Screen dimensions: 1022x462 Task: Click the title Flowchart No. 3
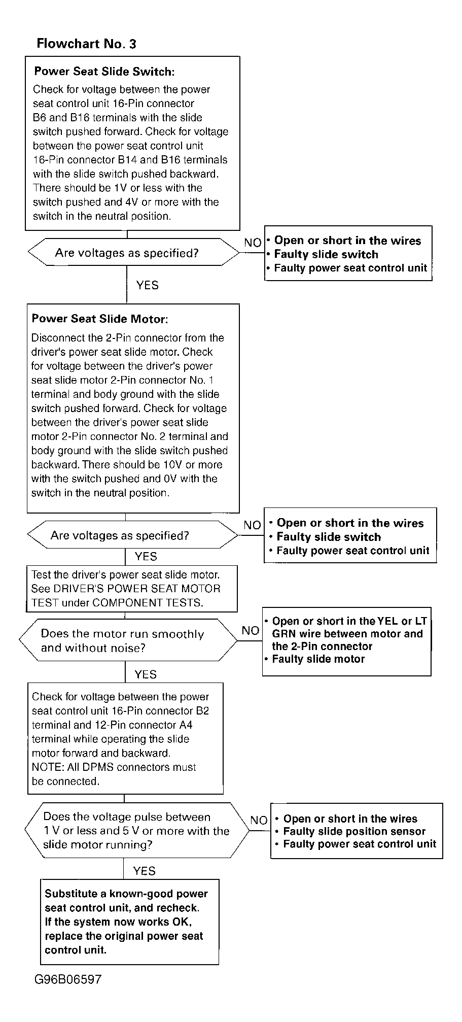point(86,44)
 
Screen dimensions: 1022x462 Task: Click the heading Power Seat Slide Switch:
point(104,72)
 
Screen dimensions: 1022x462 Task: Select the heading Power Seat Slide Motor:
point(99,319)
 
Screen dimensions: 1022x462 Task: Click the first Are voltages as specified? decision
point(127,253)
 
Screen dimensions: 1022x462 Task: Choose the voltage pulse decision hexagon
point(136,831)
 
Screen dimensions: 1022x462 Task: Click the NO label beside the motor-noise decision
point(251,631)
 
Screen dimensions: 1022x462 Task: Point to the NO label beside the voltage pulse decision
point(259,820)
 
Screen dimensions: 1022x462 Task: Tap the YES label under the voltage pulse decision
point(144,871)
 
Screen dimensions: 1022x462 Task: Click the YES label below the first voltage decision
point(147,285)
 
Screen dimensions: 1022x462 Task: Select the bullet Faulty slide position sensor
point(354,831)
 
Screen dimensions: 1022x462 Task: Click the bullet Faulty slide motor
point(318,659)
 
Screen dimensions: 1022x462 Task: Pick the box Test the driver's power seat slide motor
point(131,589)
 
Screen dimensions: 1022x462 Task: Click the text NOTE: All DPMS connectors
point(114,767)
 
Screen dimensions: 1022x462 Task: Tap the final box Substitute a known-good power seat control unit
point(129,922)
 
